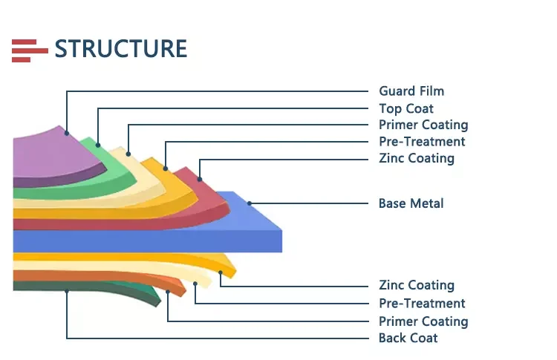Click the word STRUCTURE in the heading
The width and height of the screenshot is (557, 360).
[121, 49]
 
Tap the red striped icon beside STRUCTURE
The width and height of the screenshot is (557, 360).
[30, 50]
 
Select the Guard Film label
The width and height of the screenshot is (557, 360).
[411, 91]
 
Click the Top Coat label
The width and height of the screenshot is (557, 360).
[406, 108]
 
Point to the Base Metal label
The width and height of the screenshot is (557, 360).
[411, 203]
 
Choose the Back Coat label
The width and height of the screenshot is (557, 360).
[408, 338]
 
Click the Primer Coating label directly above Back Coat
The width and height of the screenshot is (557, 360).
[423, 321]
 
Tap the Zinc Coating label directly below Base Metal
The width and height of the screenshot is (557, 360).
[417, 285]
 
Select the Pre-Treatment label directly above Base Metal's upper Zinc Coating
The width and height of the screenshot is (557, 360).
[422, 142]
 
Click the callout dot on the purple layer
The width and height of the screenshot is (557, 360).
[67, 133]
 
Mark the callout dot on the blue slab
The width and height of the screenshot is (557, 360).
[250, 203]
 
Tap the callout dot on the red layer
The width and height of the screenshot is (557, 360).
[200, 180]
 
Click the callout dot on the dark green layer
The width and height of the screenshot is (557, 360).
[67, 291]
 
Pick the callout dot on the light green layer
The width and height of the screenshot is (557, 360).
[98, 145]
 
